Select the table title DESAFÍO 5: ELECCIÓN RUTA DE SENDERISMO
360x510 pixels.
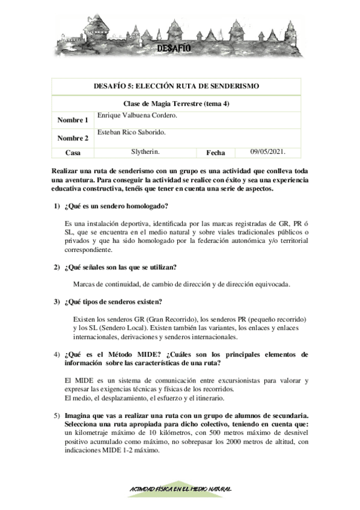click(x=177, y=87)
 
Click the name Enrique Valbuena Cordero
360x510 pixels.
click(x=136, y=114)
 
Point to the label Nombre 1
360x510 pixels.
click(x=73, y=120)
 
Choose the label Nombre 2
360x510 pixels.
click(x=73, y=138)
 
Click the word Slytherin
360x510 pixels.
click(x=145, y=152)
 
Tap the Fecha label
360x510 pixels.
click(x=216, y=153)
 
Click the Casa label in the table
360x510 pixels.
click(x=73, y=153)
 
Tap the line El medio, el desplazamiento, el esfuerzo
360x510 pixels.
click(x=144, y=398)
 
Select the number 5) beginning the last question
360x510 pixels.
click(x=56, y=415)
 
